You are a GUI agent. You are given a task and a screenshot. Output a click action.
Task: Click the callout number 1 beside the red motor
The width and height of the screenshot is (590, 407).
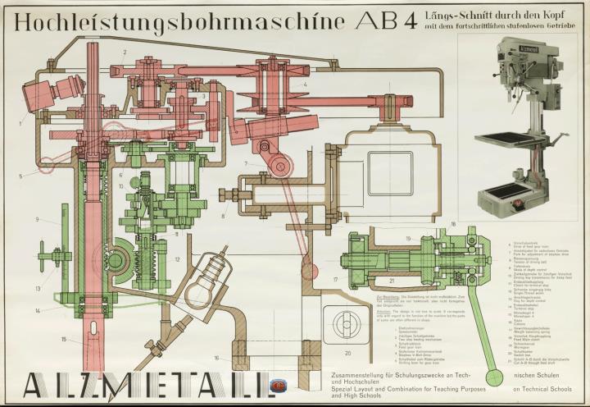click(x=21, y=123)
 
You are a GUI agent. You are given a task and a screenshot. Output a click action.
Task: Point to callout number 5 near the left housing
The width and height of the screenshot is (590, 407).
click(x=20, y=176)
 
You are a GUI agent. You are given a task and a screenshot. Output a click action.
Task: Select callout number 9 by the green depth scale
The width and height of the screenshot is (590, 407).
click(x=38, y=219)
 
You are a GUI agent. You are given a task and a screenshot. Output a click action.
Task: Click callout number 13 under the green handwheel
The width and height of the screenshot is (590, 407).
click(x=38, y=289)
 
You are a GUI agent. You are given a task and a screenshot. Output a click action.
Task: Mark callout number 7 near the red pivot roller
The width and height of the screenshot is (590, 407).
click(x=244, y=164)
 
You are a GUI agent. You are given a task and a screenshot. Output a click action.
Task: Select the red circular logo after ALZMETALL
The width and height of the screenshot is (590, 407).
click(x=279, y=383)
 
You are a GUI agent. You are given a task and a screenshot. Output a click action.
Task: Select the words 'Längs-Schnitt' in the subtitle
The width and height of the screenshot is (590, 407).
click(x=454, y=15)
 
